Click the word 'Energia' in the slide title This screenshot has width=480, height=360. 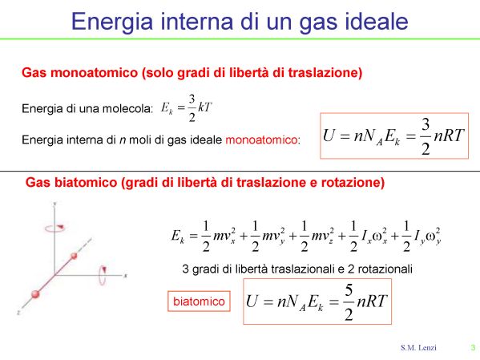pyautogui.click(x=112, y=22)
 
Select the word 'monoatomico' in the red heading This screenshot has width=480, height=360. pyautogui.click(x=94, y=73)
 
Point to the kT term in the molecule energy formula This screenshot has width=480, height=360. pyautogui.click(x=205, y=107)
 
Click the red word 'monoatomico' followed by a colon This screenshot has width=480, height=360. pyautogui.click(x=261, y=140)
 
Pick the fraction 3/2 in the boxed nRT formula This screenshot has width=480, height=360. pyautogui.click(x=426, y=136)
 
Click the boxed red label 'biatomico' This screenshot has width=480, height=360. pyautogui.click(x=199, y=301)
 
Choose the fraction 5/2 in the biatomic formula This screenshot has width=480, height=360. pyautogui.click(x=349, y=302)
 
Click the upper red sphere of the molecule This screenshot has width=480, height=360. pyautogui.click(x=74, y=256)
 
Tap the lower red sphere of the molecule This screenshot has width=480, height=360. pyautogui.click(x=35, y=294)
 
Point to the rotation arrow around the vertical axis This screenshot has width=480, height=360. pyautogui.click(x=54, y=228)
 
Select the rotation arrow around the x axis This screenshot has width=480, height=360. pyautogui.click(x=103, y=275)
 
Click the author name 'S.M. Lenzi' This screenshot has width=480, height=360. pyautogui.click(x=418, y=348)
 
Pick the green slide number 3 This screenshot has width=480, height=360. pyautogui.click(x=473, y=348)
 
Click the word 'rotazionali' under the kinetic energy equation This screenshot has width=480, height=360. pyautogui.click(x=385, y=269)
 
